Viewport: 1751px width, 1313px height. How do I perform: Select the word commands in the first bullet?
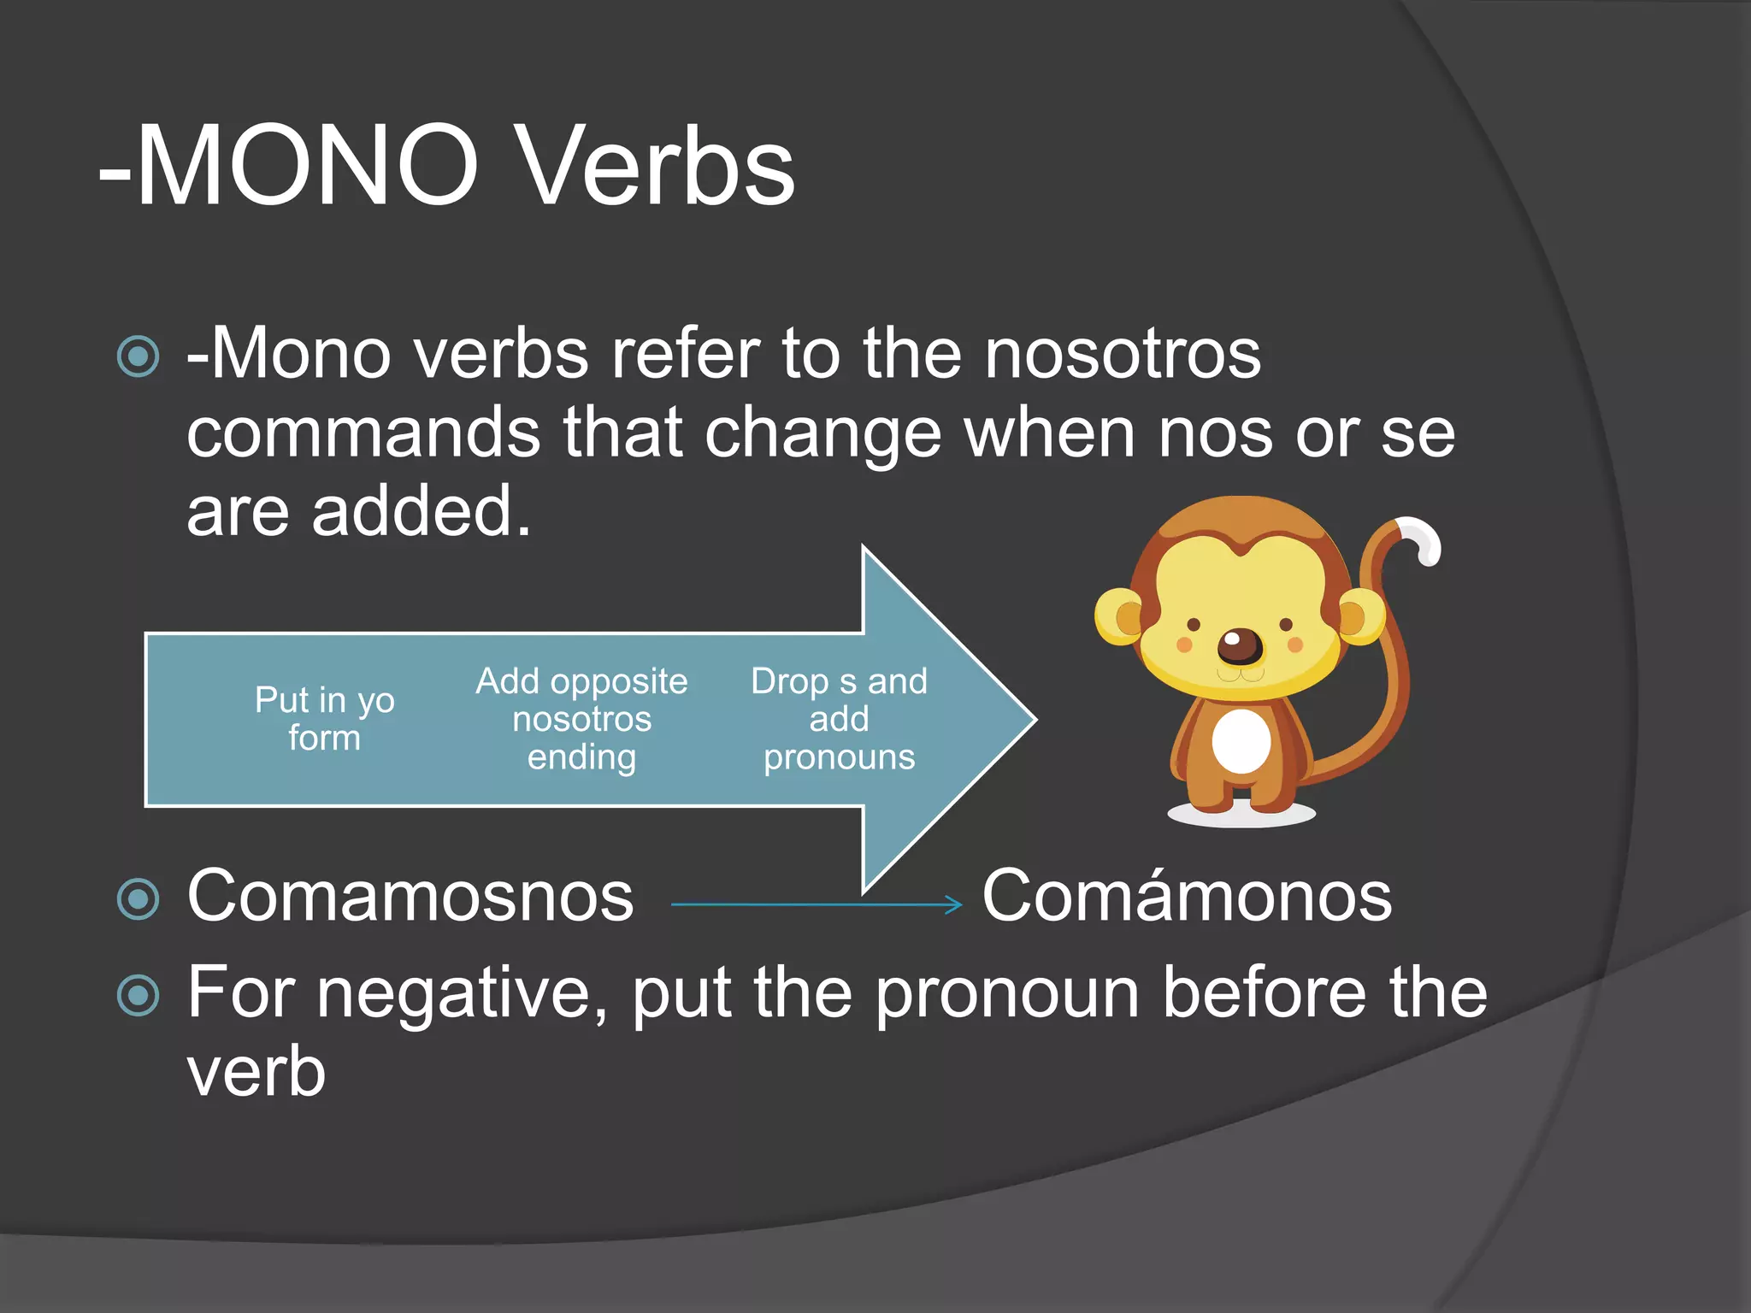(x=363, y=433)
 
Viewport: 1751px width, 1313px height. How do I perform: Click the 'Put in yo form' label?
(x=325, y=718)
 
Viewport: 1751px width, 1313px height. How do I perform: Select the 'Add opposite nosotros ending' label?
(x=581, y=719)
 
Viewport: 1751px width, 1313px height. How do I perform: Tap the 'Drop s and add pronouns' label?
(x=839, y=719)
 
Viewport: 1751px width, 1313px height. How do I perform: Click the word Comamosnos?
(x=410, y=896)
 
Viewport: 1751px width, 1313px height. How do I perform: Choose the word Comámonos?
(x=1187, y=896)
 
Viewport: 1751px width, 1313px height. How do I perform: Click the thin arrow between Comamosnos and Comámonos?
(x=817, y=904)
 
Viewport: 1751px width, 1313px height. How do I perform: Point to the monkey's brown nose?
(x=1240, y=646)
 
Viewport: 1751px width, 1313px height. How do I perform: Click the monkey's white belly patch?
(x=1241, y=740)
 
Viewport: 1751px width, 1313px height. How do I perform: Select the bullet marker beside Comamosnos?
(x=139, y=898)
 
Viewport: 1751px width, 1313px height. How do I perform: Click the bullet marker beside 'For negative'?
(x=139, y=995)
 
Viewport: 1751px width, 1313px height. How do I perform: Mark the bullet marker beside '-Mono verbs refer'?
(x=139, y=356)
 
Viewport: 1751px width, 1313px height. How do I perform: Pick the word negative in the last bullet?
(x=463, y=993)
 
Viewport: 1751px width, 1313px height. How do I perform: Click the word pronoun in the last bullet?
(x=1008, y=993)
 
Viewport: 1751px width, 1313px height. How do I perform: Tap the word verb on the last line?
(x=256, y=1072)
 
